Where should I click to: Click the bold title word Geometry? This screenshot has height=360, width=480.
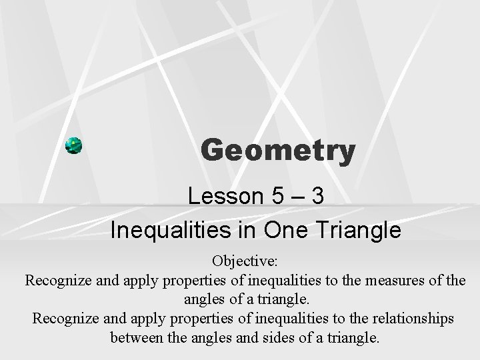click(x=278, y=151)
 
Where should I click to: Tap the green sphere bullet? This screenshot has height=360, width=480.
click(x=74, y=146)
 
